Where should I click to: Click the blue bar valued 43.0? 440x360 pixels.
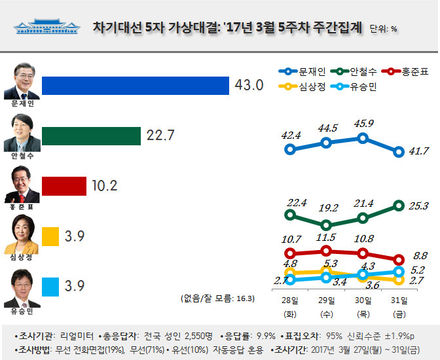click(136, 86)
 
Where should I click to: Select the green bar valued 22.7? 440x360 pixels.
click(91, 135)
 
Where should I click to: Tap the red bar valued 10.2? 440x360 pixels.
click(64, 186)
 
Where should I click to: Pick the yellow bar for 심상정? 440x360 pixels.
click(50, 236)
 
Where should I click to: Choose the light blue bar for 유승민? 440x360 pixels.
click(50, 287)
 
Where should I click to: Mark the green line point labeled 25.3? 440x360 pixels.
click(399, 206)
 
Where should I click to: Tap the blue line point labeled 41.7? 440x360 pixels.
click(399, 152)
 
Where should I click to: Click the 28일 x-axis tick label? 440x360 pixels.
click(290, 300)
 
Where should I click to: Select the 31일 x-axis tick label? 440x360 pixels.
click(399, 300)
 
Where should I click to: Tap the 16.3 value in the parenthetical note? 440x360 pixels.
click(244, 298)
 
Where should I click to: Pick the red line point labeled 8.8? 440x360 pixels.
click(399, 259)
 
